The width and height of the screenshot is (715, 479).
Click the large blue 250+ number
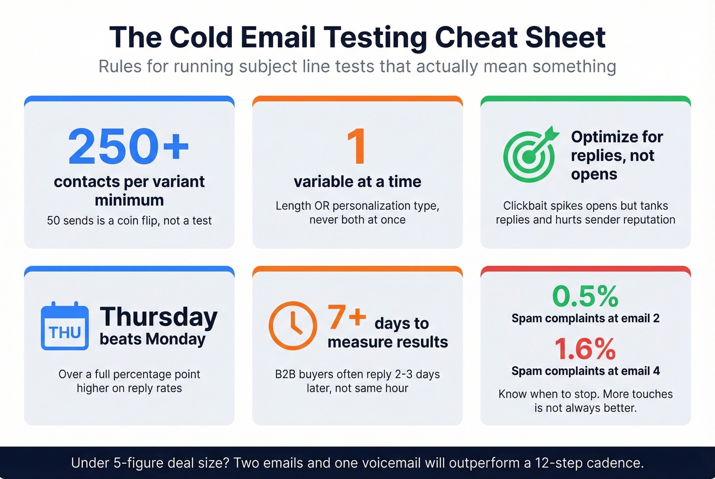129,146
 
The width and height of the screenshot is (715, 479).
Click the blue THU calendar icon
65,326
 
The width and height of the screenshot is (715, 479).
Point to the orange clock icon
293,325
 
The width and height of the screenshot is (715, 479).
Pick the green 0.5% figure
585,296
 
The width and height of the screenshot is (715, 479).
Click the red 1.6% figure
585,349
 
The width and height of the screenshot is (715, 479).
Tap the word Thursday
159,317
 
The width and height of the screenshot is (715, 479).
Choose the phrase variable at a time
357,182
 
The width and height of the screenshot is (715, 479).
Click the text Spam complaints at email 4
585,371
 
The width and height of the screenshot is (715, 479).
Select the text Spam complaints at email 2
585,318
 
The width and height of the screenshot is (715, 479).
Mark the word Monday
176,339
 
